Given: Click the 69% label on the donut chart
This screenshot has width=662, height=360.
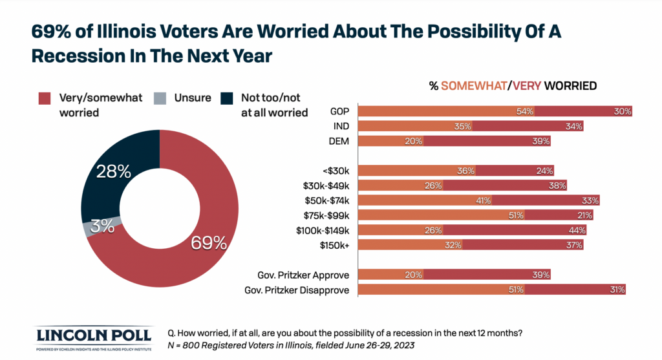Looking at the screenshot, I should [208, 243].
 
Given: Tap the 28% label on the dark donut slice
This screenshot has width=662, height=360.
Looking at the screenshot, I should [113, 172].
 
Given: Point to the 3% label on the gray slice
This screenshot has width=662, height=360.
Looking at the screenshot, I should [102, 226].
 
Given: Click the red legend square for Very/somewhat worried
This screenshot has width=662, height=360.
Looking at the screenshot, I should [44, 98].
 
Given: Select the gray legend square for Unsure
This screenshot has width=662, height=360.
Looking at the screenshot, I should [159, 98].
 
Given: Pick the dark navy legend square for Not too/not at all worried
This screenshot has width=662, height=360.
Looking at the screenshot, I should [226, 98].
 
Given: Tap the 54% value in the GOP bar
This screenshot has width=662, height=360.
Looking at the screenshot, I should [524, 111].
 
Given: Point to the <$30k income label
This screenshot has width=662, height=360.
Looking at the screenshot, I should [336, 171].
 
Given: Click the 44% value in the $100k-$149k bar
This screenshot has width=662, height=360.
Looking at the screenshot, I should [577, 230].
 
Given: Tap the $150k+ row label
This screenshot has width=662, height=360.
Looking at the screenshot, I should [336, 245].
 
